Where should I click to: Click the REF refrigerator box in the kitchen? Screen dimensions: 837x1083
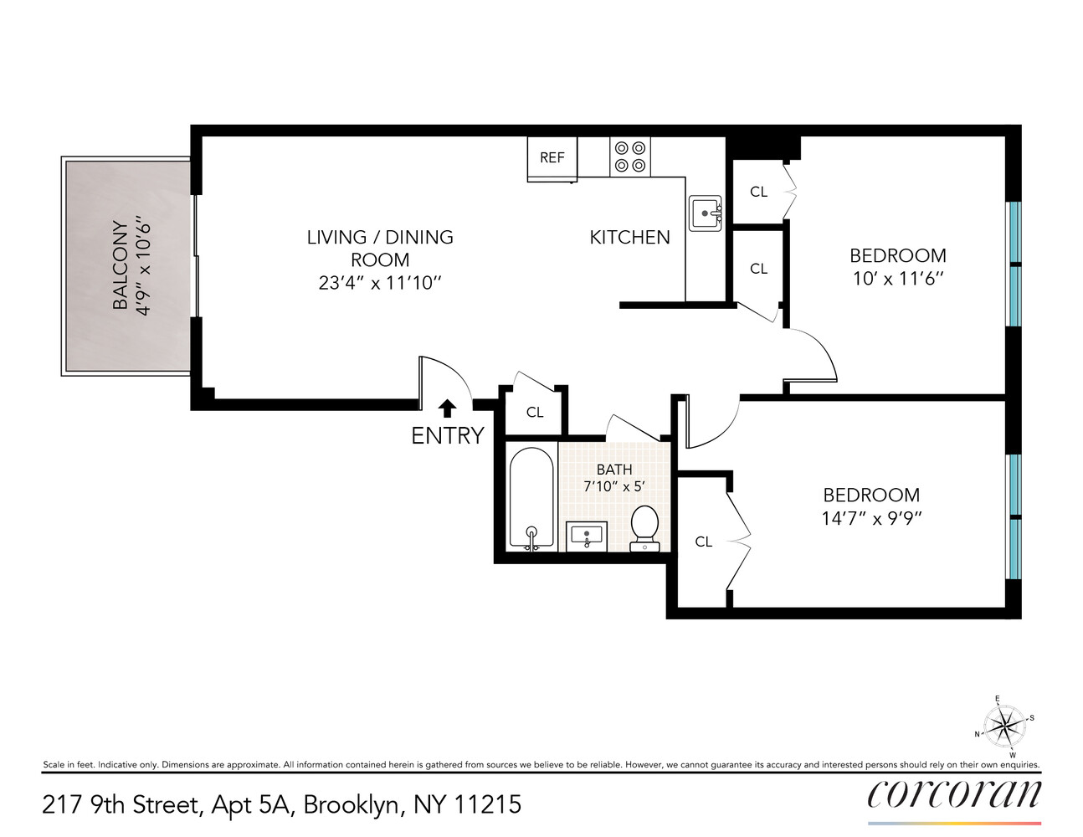pyautogui.click(x=552, y=157)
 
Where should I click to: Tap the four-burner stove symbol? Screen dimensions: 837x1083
pyautogui.click(x=629, y=157)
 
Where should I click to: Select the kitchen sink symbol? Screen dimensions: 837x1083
pyautogui.click(x=705, y=213)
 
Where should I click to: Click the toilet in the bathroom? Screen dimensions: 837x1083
pyautogui.click(x=644, y=527)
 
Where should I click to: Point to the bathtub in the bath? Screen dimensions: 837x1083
pyautogui.click(x=531, y=499)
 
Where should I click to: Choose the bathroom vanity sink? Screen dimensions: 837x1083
pyautogui.click(x=588, y=535)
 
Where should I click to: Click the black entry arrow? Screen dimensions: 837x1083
pyautogui.click(x=448, y=408)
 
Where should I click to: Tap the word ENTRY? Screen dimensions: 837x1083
pyautogui.click(x=448, y=435)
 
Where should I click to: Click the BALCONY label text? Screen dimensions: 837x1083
pyautogui.click(x=121, y=265)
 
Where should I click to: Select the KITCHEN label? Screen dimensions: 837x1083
pyautogui.click(x=629, y=238)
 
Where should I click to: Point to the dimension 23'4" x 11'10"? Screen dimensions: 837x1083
pyautogui.click(x=379, y=283)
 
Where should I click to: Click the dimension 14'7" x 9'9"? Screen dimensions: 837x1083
pyautogui.click(x=871, y=518)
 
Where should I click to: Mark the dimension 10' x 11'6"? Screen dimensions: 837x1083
pyautogui.click(x=897, y=278)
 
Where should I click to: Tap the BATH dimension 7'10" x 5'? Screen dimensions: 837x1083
pyautogui.click(x=613, y=485)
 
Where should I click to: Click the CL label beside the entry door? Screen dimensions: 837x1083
pyautogui.click(x=535, y=412)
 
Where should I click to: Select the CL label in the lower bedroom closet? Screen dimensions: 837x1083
pyautogui.click(x=704, y=542)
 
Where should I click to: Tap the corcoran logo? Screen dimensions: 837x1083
pyautogui.click(x=954, y=795)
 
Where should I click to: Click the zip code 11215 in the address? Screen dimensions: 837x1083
pyautogui.click(x=487, y=805)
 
